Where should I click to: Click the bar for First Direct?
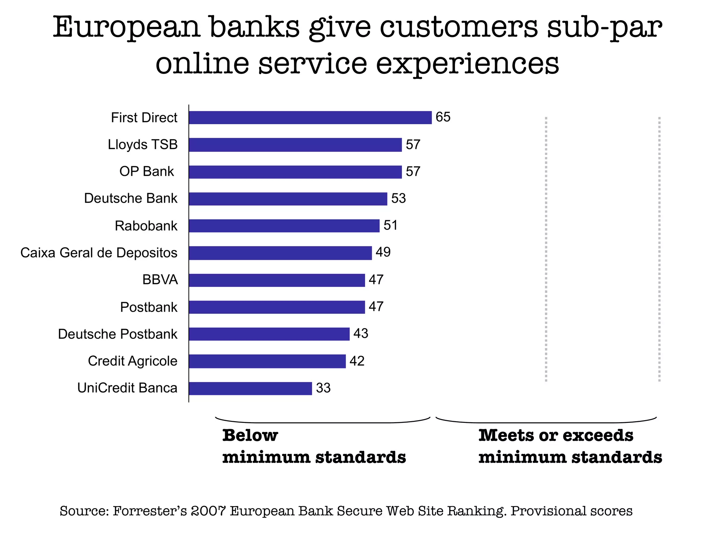tap(310, 118)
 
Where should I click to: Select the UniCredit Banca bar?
tap(250, 388)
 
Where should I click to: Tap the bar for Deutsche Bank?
tap(288, 199)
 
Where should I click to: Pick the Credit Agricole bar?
tap(267, 361)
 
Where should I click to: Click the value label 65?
tap(443, 117)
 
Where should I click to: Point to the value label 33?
tap(323, 388)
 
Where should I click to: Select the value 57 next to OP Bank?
tap(413, 172)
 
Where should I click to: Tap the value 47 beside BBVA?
tap(376, 280)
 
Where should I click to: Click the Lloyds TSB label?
tap(142, 144)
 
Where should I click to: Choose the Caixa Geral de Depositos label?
tap(99, 253)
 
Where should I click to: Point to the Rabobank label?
tap(146, 226)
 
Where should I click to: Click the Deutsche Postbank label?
tap(118, 334)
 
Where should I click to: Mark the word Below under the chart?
tap(250, 435)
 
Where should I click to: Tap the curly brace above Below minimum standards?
tap(323, 420)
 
